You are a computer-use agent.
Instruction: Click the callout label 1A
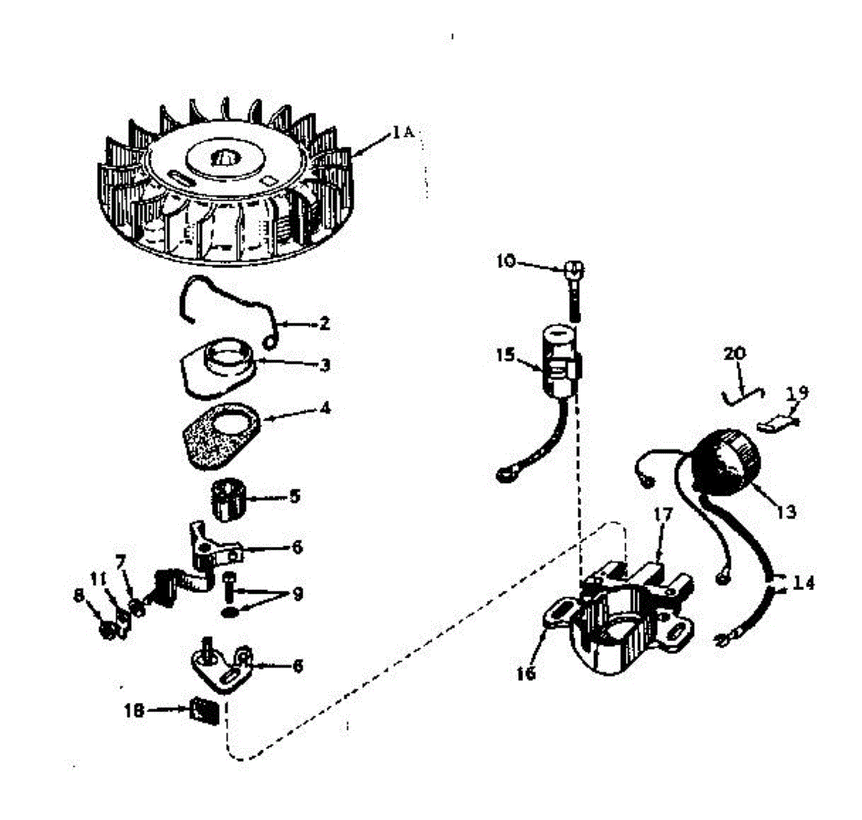coord(402,132)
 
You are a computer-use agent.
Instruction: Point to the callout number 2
coord(324,324)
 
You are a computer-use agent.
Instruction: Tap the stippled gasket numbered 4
coord(220,435)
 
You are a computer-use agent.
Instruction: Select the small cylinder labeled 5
coord(228,499)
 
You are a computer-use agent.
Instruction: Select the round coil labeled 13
coord(724,461)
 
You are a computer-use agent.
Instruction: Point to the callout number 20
coord(735,354)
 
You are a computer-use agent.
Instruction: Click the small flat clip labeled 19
coord(776,424)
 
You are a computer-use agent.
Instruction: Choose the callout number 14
coord(804,583)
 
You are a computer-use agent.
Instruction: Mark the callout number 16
coord(527,673)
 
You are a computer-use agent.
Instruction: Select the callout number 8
coord(79,596)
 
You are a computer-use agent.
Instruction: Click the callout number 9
coord(297,594)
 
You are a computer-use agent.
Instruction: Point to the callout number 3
coord(325,365)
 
